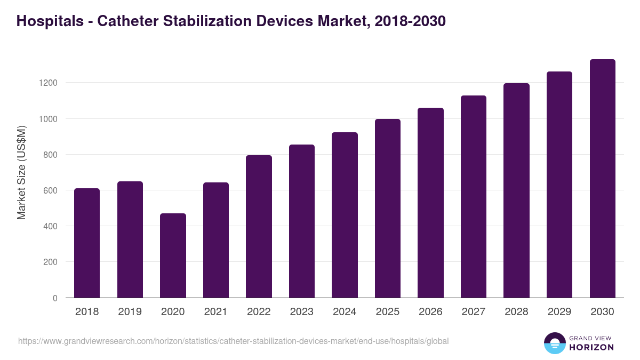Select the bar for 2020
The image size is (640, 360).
[x=173, y=255]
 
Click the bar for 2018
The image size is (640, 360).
[x=87, y=243]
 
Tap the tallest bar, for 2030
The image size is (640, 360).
[x=602, y=179]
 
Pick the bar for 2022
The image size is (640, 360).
[x=259, y=227]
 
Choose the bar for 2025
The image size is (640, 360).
[x=387, y=209]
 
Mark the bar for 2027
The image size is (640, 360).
[x=474, y=197]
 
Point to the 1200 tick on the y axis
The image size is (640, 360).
[x=47, y=83]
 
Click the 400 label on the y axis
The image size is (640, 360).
[x=50, y=227]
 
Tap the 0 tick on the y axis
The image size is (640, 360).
[x=55, y=298]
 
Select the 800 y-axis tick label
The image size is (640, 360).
[x=50, y=155]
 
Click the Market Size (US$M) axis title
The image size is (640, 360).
[x=21, y=172]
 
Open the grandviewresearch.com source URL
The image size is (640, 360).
[x=233, y=341]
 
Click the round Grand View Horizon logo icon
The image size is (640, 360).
[x=554, y=343]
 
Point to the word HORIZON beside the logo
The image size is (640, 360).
[x=591, y=347]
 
